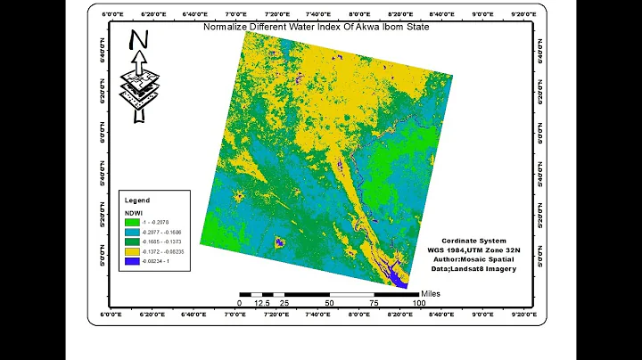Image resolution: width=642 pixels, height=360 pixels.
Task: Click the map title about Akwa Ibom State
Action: [x=317, y=27]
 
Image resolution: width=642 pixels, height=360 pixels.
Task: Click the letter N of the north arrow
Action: [x=138, y=41]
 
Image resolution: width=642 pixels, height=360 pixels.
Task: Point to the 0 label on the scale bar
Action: [x=239, y=303]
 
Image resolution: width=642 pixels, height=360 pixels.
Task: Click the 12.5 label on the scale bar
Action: [x=262, y=303]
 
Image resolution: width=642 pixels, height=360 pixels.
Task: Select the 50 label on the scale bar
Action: [x=329, y=303]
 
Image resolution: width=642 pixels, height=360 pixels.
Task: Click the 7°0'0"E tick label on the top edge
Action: [x=235, y=15]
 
